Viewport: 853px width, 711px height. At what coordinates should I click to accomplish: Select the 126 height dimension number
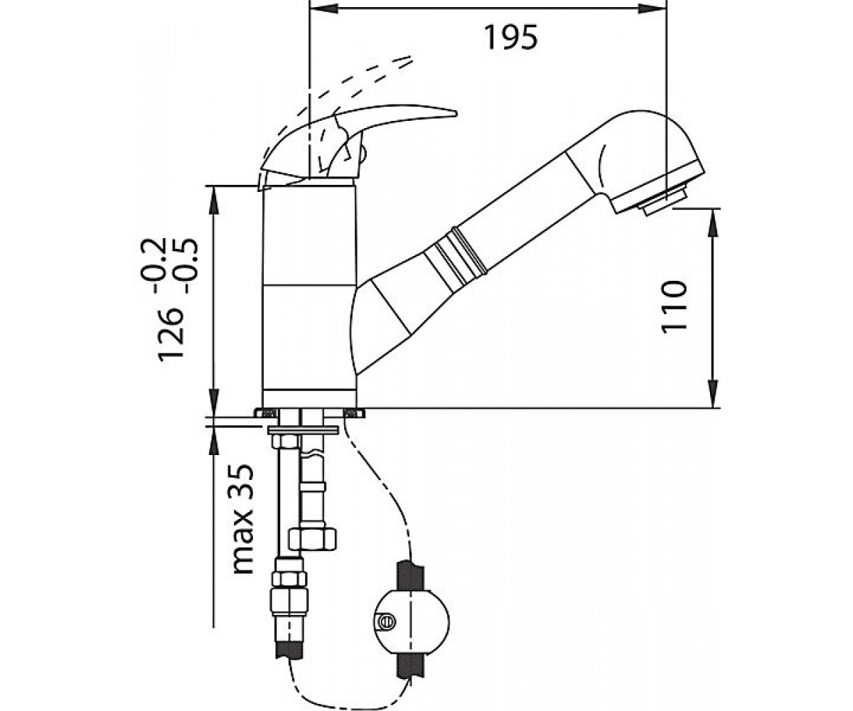click(171, 335)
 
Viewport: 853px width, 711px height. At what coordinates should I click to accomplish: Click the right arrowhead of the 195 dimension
click(652, 8)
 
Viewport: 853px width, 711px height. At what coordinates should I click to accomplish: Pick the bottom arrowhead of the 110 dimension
click(712, 393)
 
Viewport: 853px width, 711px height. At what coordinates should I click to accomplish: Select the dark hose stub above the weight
click(410, 576)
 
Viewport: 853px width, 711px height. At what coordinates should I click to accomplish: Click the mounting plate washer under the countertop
click(303, 430)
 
